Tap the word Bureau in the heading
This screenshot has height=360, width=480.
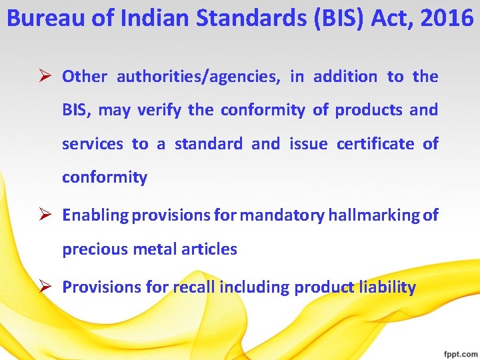coord(40,18)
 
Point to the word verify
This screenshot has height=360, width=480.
coord(160,110)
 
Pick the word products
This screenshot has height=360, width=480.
coord(369,110)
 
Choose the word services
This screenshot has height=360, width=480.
coord(93,143)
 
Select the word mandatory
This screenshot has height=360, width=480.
coord(282,215)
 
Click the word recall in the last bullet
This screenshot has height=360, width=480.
coord(193,287)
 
